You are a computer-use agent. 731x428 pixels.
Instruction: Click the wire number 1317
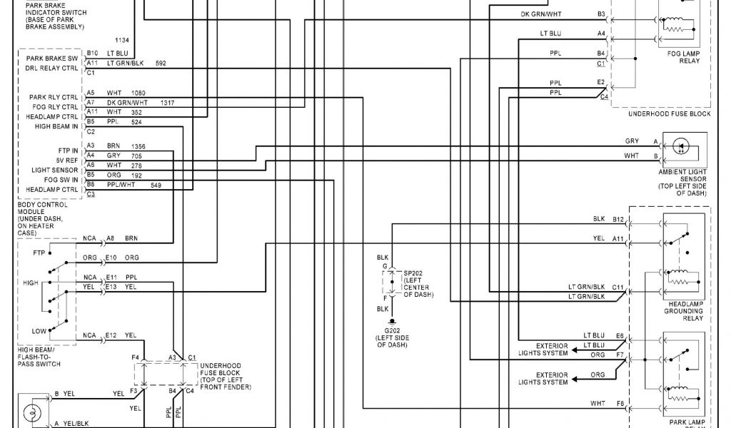(x=168, y=103)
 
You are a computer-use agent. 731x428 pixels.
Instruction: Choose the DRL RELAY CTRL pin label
(x=51, y=68)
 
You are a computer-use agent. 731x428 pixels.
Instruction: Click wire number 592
(x=160, y=63)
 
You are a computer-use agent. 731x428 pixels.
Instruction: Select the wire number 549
(x=158, y=185)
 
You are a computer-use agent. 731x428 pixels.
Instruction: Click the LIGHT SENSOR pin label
(x=54, y=170)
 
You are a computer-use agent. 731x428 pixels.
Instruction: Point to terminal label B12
(x=618, y=219)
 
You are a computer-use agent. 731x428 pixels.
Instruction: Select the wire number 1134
(x=123, y=40)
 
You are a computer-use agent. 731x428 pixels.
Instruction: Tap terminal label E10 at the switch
(x=111, y=258)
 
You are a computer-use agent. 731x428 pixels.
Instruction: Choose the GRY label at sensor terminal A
(x=632, y=141)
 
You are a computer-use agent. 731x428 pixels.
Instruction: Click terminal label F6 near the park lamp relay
(x=620, y=404)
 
